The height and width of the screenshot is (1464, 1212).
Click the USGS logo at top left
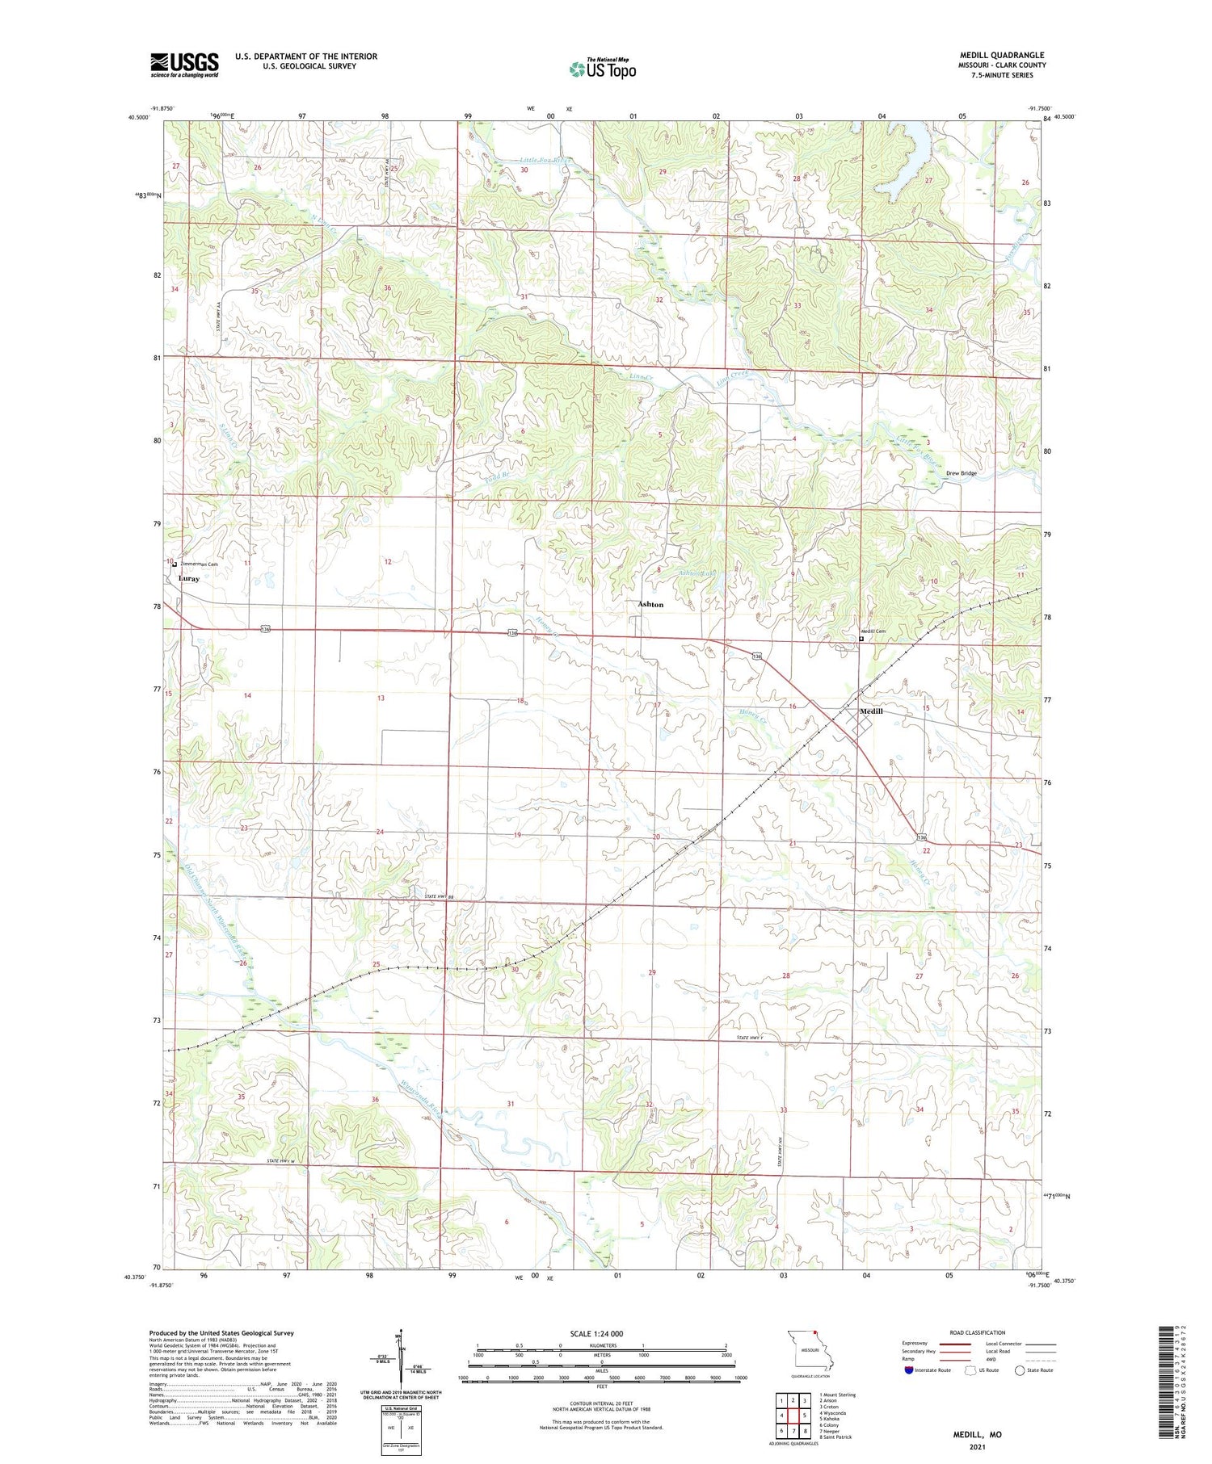pyautogui.click(x=184, y=65)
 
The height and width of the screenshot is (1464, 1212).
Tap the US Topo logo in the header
pyautogui.click(x=603, y=69)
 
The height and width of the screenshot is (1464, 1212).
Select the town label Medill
pyautogui.click(x=871, y=711)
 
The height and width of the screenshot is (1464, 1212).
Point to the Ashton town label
pyautogui.click(x=650, y=604)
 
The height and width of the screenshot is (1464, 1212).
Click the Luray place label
pyautogui.click(x=189, y=578)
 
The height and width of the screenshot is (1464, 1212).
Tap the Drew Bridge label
pyautogui.click(x=962, y=473)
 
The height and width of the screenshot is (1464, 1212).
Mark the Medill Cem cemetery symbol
pyautogui.click(x=861, y=639)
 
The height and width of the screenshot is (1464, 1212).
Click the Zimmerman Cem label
pyautogui.click(x=199, y=564)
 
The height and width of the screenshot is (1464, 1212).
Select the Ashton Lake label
pyautogui.click(x=699, y=572)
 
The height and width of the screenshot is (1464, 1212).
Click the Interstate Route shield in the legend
pyautogui.click(x=909, y=1370)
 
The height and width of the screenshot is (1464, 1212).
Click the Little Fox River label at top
pyautogui.click(x=545, y=161)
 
